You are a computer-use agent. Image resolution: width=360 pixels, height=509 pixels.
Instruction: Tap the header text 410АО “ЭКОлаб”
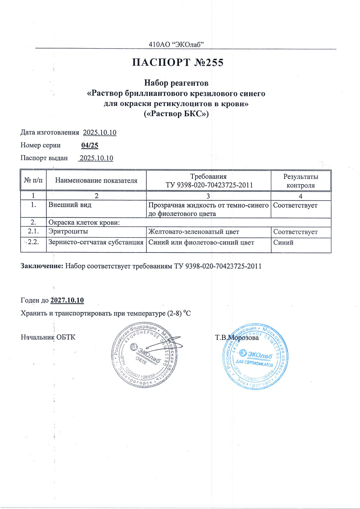pos(176,45)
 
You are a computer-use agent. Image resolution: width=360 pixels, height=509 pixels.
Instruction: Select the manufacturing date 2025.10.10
pos(100,132)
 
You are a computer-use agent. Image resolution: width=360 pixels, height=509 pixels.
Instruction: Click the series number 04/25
pos(90,145)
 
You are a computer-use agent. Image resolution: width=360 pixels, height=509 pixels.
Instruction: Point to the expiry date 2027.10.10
pos(67,300)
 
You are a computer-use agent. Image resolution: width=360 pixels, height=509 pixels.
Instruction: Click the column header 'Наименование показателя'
pos(96,181)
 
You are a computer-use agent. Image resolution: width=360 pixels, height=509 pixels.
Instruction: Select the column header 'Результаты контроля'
pos(301,181)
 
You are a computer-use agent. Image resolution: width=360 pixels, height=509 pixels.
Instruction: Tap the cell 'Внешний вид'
pos(70,205)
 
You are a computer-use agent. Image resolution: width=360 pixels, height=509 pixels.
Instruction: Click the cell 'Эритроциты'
pos(68,232)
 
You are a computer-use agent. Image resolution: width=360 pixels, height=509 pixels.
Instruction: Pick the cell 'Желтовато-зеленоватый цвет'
pos(194,232)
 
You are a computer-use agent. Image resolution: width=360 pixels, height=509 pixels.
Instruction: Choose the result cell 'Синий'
pos(283,242)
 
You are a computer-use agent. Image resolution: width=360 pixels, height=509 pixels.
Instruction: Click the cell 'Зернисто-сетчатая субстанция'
pos(96,242)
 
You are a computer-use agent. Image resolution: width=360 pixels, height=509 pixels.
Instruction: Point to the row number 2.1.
pos(33,232)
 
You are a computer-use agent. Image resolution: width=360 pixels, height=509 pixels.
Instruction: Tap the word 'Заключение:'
pos(42,266)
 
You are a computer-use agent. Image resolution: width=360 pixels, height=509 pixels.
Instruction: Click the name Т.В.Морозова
pos(237,338)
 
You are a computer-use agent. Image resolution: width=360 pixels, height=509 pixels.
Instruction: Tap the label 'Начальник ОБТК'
pos(48,337)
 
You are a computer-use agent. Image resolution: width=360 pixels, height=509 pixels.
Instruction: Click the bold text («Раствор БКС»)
pos(176,114)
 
